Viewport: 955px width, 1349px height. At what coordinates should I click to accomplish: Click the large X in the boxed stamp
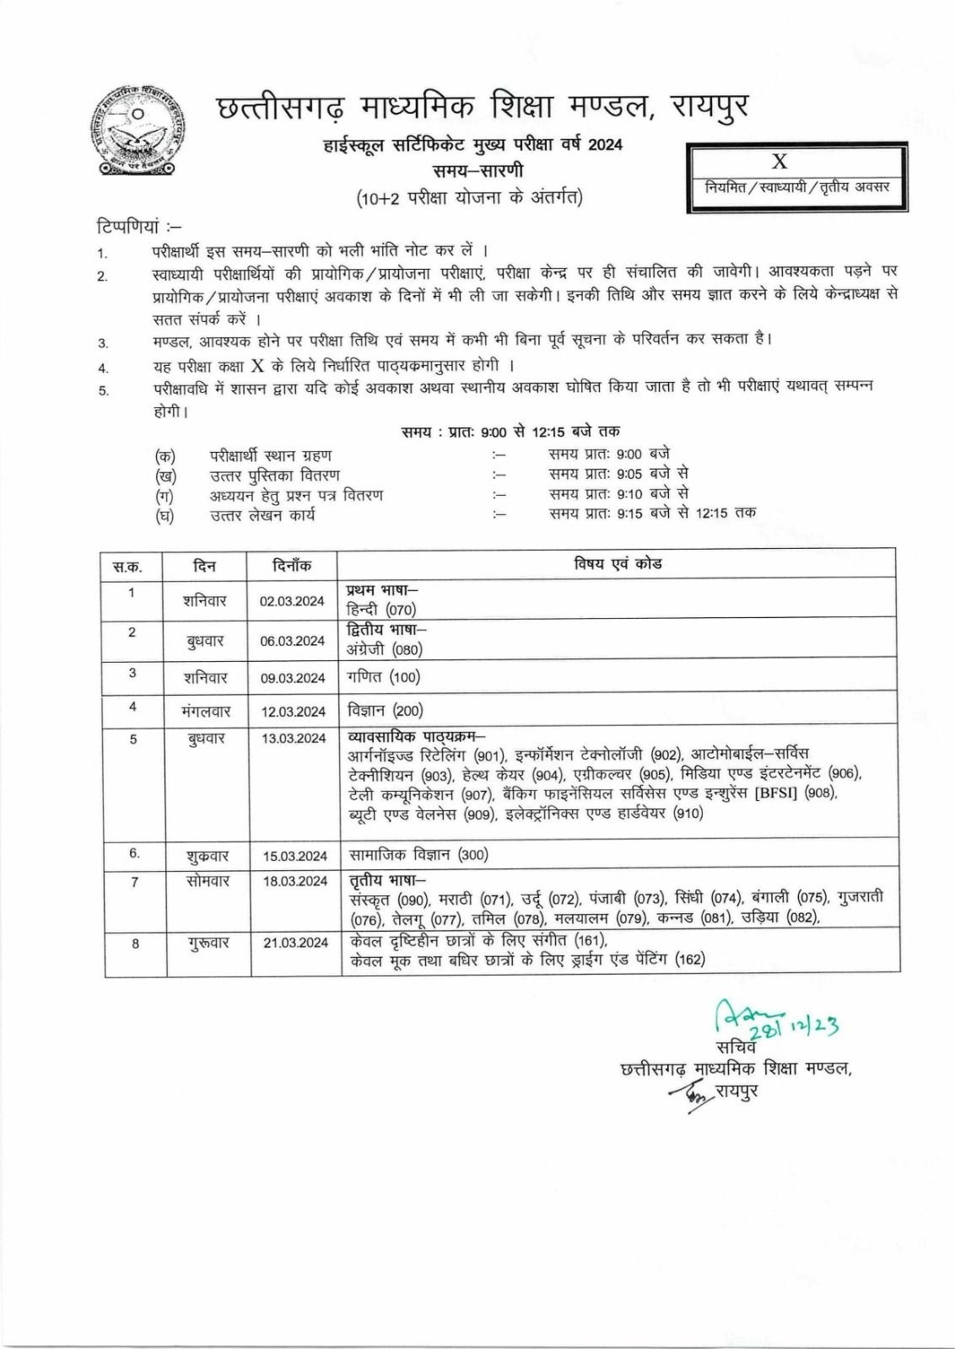pos(779,162)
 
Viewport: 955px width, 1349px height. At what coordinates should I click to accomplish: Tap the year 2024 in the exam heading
pos(605,145)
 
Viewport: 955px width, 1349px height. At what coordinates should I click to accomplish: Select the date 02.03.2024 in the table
pos(292,601)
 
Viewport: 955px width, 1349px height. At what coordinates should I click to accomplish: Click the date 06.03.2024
pos(292,641)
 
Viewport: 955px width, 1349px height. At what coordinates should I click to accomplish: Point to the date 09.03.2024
pos(292,678)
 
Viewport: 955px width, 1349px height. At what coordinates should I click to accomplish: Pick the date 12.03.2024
pos(293,712)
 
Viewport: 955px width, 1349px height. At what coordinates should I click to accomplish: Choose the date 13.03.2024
pos(293,738)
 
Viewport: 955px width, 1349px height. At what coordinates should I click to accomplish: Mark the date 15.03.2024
pos(294,856)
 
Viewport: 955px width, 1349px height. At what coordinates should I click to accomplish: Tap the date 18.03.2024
pos(294,881)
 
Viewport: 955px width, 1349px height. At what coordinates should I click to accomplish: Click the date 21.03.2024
pos(295,943)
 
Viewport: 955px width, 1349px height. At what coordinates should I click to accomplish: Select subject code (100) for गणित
pos(405,677)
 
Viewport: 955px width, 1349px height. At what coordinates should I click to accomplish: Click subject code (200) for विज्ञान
pos(407,711)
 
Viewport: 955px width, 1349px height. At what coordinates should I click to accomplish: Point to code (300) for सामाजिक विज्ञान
pos(472,855)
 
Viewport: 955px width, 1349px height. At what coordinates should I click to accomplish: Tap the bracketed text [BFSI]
pos(775,793)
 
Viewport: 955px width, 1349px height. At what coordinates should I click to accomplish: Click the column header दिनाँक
pos(292,566)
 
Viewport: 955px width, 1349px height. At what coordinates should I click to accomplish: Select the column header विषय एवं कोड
pos(618,563)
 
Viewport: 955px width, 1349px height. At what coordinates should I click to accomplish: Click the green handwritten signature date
pos(793,1025)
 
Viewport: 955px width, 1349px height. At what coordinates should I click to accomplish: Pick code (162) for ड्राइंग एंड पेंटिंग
pos(689,959)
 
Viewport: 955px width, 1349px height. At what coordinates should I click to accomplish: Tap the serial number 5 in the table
pos(133,739)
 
